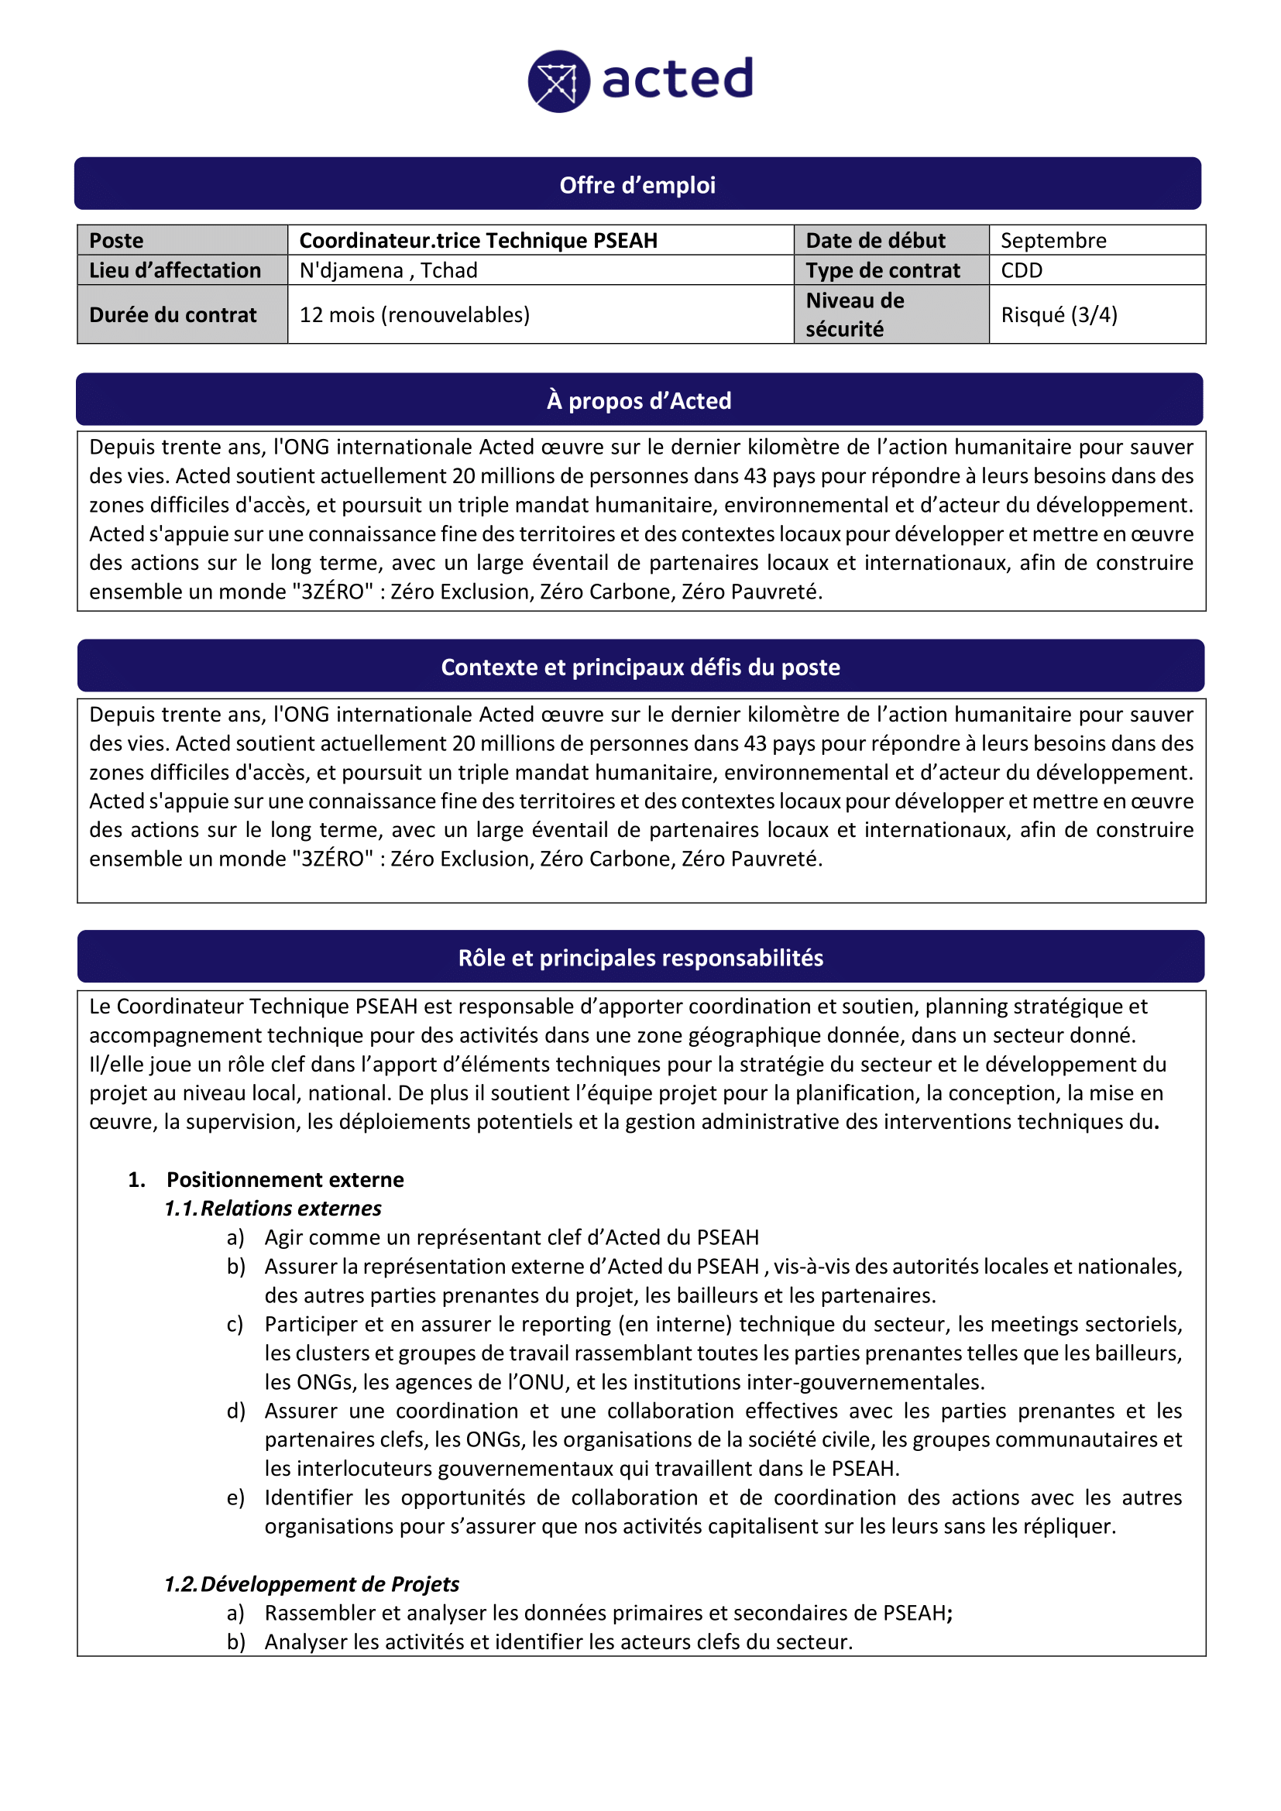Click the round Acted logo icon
click(558, 81)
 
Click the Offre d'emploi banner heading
click(637, 184)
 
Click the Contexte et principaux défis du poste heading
click(640, 667)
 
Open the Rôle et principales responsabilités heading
click(640, 957)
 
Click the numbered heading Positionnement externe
click(285, 1179)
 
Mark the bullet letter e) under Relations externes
click(235, 1497)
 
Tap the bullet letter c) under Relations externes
click(235, 1323)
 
